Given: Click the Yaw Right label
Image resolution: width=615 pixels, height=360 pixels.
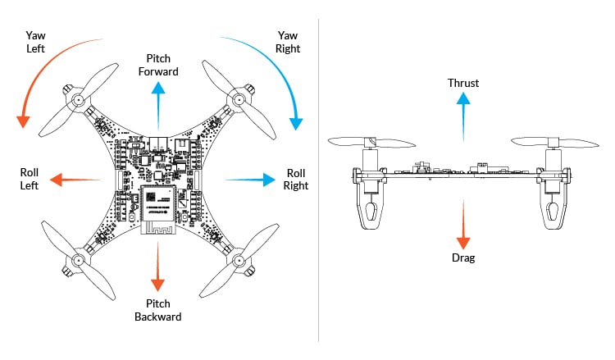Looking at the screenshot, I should click(288, 42).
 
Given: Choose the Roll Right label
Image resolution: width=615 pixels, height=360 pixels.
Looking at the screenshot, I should click(296, 179).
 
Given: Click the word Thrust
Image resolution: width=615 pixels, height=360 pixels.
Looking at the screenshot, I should click(463, 83).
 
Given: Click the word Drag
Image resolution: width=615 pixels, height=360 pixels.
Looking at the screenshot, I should click(463, 257).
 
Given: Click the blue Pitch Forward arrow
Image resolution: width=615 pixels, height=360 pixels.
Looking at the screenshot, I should click(158, 103).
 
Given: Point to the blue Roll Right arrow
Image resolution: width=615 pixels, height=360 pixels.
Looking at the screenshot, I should click(250, 179).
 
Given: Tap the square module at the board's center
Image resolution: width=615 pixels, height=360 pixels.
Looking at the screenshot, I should click(158, 203).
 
